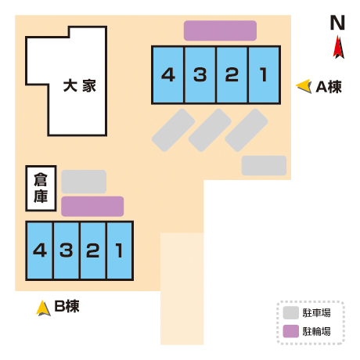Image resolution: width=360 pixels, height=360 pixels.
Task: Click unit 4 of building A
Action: [x=168, y=75]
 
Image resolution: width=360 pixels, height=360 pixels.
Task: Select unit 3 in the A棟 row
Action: [x=200, y=75]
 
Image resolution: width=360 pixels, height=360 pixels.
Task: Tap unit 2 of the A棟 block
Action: [x=232, y=75]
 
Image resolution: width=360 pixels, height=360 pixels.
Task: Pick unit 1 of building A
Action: [x=265, y=75]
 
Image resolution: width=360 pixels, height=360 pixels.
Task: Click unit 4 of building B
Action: [x=40, y=250]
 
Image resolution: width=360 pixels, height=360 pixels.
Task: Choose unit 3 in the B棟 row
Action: [x=67, y=250]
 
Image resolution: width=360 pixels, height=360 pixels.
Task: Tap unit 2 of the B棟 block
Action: [x=93, y=250]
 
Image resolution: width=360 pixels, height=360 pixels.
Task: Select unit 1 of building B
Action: [x=120, y=250]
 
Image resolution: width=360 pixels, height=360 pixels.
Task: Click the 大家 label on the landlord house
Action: [x=80, y=86]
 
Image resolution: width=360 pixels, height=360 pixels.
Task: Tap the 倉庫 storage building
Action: [x=41, y=188]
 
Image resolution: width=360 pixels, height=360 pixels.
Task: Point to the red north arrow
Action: [x=338, y=47]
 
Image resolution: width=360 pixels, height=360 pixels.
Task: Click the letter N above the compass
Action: [x=337, y=23]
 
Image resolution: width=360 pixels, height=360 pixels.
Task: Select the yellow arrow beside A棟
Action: [x=304, y=86]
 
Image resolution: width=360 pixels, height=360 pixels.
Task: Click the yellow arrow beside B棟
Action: [x=43, y=308]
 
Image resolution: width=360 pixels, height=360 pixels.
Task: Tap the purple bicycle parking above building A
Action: [x=220, y=31]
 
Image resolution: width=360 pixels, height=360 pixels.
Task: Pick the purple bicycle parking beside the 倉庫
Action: [x=92, y=207]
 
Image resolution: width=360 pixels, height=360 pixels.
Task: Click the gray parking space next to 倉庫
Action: [x=84, y=182]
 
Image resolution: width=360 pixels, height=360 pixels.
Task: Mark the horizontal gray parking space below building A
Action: [x=264, y=166]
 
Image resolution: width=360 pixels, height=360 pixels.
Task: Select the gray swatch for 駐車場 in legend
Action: [x=291, y=313]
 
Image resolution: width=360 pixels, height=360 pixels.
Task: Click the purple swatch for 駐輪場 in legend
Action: [x=291, y=331]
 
